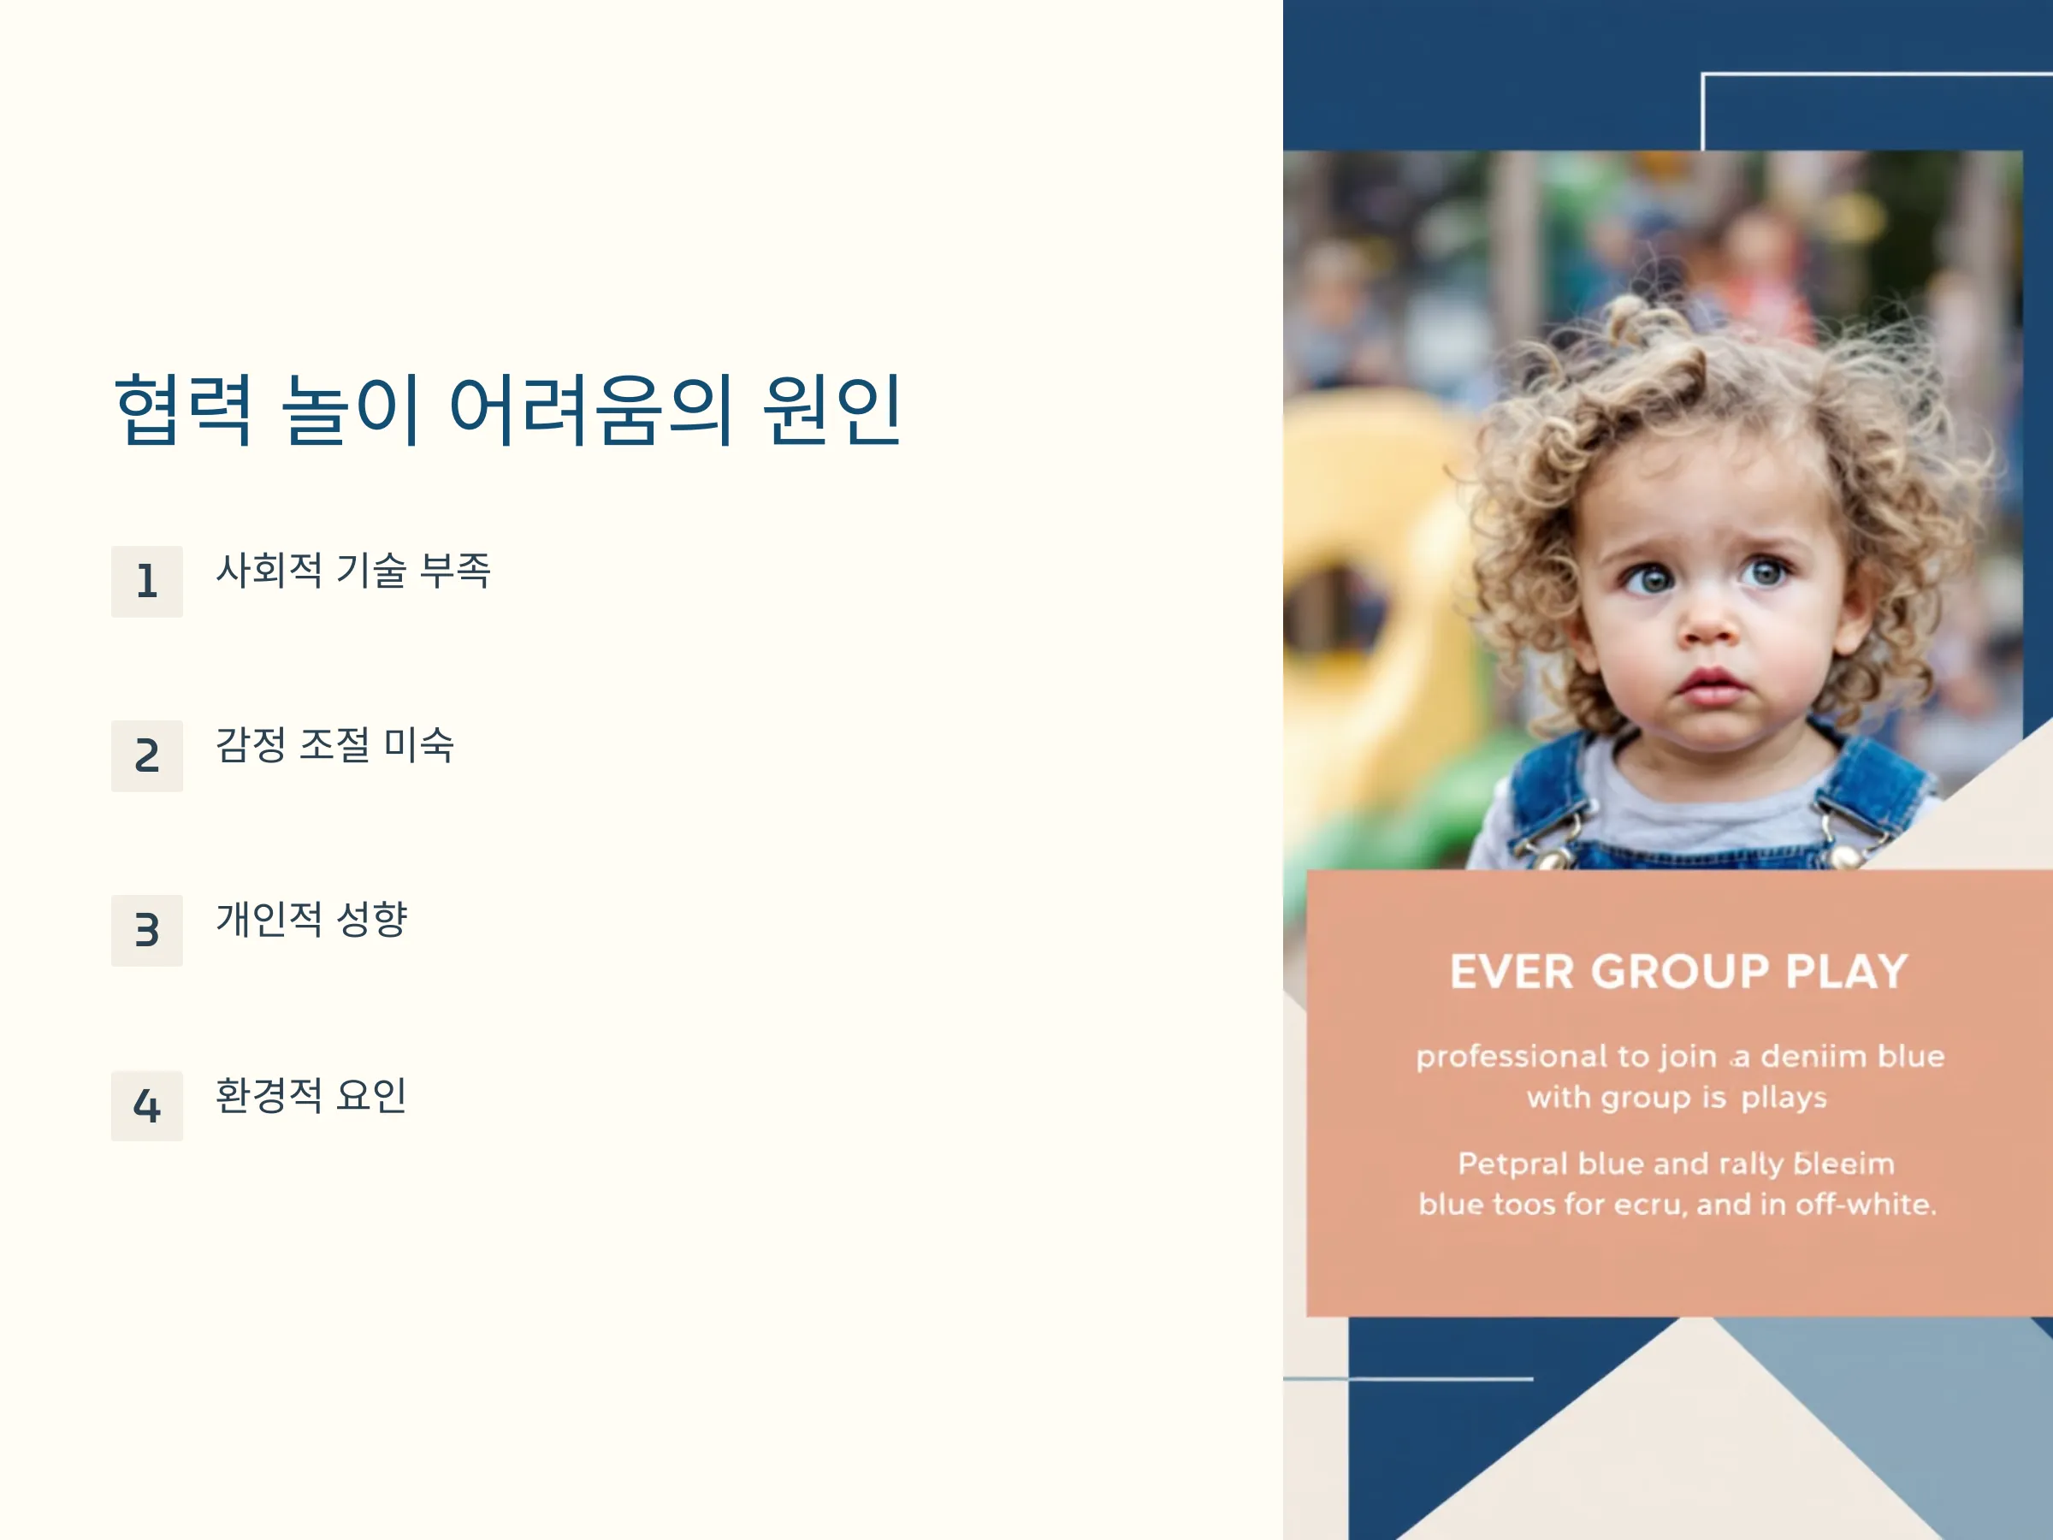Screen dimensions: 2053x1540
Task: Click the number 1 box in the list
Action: point(146,581)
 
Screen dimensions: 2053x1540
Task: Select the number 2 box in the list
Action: point(146,755)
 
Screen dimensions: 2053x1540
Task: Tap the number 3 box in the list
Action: point(146,930)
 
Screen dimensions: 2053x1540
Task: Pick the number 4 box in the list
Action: point(146,1105)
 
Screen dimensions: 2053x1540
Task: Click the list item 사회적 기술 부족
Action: point(352,570)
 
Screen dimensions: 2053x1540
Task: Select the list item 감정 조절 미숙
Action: point(335,744)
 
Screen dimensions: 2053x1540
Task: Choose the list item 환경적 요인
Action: point(311,1094)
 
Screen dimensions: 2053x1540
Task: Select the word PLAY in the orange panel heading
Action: point(1847,972)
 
